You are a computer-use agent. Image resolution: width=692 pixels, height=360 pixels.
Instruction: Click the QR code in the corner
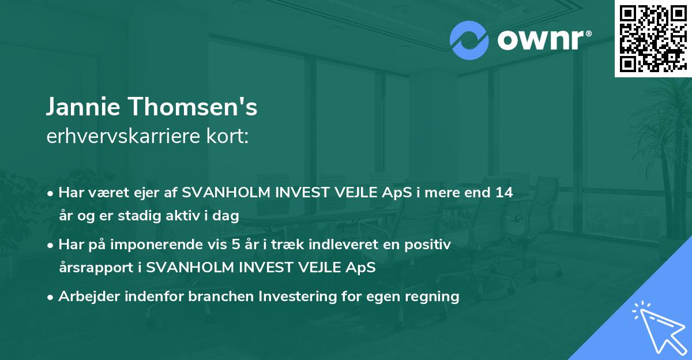[x=653, y=38]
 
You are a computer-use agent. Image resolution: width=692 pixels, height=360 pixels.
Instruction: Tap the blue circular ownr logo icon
[x=469, y=40]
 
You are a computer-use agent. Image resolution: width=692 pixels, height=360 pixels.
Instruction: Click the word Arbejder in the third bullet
[x=85, y=297]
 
